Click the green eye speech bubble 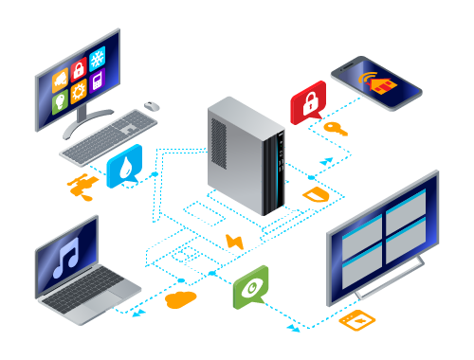(x=250, y=285)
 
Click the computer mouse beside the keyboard (x=152, y=105)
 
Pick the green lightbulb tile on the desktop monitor (x=61, y=101)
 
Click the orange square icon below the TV (x=357, y=320)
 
